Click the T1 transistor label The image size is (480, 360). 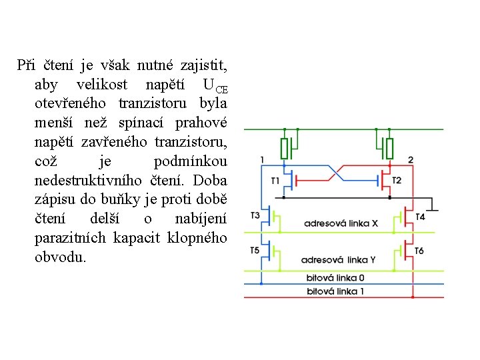[x=275, y=181]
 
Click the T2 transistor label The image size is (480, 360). [x=397, y=181]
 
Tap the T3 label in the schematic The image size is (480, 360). [x=255, y=215]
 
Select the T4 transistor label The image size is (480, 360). [x=420, y=217]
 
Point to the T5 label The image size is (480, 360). [x=255, y=250]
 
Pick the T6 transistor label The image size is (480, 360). [x=419, y=251]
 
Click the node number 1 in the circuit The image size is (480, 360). [x=262, y=159]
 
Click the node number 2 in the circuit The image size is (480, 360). [x=410, y=159]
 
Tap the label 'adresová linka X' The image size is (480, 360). [x=341, y=223]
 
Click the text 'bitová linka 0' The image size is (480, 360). [x=335, y=277]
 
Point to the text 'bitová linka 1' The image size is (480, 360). [x=335, y=291]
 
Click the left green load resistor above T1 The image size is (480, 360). [x=285, y=148]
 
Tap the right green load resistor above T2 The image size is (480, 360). [x=390, y=148]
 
